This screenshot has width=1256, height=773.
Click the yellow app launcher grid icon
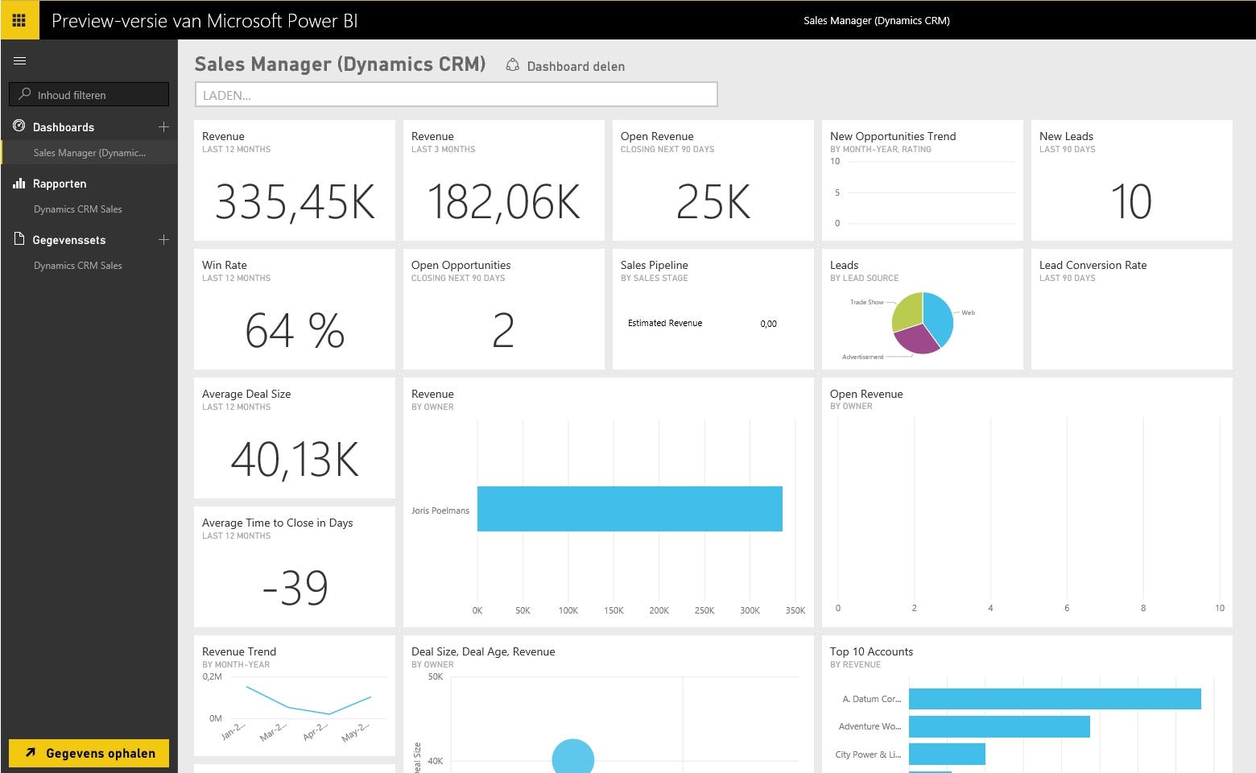pos(19,20)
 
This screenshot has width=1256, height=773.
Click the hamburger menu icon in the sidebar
pos(20,60)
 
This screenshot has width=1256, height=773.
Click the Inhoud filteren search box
pos(89,94)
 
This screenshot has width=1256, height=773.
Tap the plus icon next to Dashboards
pos(163,126)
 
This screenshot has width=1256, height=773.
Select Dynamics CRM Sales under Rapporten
pos(78,209)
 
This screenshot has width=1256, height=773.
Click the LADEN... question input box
pos(456,94)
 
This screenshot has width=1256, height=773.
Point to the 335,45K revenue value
pos(295,201)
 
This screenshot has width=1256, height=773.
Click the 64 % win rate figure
pos(295,330)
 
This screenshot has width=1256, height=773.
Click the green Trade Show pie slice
pos(907,310)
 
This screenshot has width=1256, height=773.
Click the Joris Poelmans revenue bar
pos(630,509)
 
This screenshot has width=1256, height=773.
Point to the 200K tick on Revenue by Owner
pos(659,610)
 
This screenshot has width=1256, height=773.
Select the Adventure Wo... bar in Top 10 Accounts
pos(998,726)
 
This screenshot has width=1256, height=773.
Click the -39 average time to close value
pos(295,588)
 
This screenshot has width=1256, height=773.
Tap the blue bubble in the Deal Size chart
pos(573,758)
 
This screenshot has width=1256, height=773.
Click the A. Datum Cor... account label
pos(871,699)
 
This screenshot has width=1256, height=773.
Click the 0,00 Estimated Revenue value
pos(768,324)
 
